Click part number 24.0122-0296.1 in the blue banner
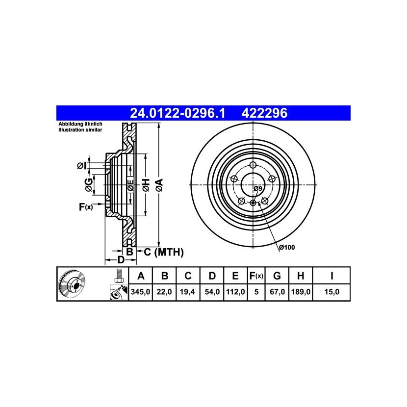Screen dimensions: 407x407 tap(178, 113)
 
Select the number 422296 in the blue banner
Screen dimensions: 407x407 tap(264, 113)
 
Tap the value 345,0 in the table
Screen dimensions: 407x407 tap(140, 292)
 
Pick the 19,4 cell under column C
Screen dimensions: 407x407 tap(187, 292)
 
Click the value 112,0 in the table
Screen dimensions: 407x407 tap(235, 292)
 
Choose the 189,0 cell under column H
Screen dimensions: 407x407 tap(301, 292)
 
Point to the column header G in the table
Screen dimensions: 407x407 tap(277, 276)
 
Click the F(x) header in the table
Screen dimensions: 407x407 tap(256, 276)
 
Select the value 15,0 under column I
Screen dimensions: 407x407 tap(331, 292)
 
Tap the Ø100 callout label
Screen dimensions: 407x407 tap(287, 247)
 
